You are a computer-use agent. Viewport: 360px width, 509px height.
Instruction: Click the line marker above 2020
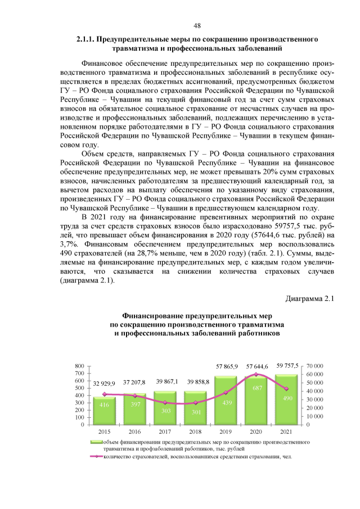click(257, 374)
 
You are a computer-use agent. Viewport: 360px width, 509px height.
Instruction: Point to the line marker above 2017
click(165, 403)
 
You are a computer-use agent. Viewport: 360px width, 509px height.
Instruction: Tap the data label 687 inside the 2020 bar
click(257, 389)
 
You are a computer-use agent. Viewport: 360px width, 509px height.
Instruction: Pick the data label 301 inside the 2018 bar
click(196, 411)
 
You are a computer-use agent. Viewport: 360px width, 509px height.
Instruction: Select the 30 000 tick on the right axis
click(315, 399)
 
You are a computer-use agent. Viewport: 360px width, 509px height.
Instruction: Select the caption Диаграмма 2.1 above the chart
click(310, 298)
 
